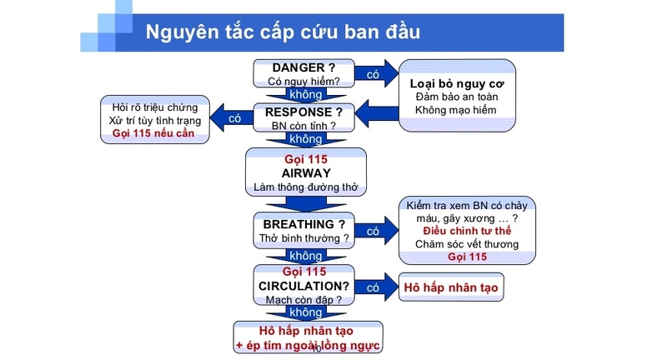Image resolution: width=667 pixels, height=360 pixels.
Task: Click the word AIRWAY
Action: (x=307, y=172)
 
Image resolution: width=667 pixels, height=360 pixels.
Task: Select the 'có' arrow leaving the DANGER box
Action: (x=374, y=74)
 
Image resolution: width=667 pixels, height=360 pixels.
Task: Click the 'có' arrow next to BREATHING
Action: (x=374, y=231)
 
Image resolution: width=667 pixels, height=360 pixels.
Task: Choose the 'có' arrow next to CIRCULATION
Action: (x=374, y=287)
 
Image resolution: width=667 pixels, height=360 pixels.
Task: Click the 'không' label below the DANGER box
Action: (x=304, y=95)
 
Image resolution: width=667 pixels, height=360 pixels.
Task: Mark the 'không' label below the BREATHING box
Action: (x=304, y=256)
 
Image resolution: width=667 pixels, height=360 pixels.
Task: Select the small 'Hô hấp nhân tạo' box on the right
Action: (x=450, y=287)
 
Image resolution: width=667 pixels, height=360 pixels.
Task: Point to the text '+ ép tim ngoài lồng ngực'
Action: (x=308, y=345)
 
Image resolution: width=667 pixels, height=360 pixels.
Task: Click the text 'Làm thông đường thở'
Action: (x=305, y=187)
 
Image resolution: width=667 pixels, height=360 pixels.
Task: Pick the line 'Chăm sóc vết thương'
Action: (x=467, y=244)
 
